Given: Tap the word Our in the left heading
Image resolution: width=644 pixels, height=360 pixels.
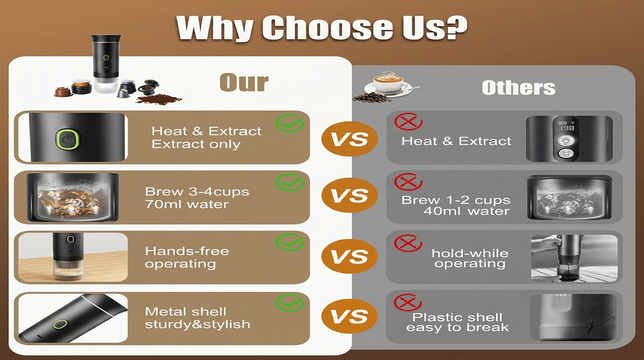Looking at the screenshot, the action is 244,82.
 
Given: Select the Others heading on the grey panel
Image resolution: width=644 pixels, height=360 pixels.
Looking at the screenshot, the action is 518,87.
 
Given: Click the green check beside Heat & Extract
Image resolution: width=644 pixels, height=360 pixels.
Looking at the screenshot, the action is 289,123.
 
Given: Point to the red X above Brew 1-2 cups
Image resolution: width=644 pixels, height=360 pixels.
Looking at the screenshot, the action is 408,182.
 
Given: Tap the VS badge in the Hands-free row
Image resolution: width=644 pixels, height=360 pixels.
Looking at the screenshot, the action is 349,256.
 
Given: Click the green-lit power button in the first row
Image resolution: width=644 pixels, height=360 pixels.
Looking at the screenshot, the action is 68,139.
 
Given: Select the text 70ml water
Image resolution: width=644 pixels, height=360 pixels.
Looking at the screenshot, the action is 187,205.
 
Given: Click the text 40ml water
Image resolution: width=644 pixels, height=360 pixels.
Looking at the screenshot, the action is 467,211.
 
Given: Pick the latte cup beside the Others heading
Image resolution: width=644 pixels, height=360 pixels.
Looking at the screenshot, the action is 387,84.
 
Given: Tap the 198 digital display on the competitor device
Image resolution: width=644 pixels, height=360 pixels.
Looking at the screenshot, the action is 567,128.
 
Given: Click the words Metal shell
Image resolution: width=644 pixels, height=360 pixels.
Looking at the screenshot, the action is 186,312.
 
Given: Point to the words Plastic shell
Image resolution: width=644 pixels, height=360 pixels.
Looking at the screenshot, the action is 457,317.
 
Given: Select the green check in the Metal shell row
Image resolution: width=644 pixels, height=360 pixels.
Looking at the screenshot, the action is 289,303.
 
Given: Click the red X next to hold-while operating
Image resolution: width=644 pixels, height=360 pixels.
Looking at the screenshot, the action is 408,243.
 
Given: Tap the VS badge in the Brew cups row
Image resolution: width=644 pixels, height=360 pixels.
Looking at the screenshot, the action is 349,195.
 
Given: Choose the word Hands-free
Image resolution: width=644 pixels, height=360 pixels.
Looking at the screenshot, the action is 187,251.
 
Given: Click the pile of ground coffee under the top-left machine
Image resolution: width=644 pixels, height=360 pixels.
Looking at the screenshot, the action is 158,99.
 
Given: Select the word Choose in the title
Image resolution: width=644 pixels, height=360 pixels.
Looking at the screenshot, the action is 327,28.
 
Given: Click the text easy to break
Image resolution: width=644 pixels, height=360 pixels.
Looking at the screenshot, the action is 458,327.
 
